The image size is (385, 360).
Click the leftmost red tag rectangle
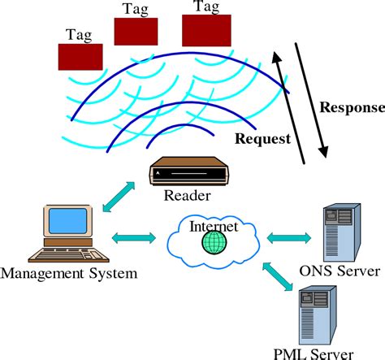pos(80,57)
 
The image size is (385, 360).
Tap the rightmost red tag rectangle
pos(206,29)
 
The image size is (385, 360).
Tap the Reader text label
pos(188,196)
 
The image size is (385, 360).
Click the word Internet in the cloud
pos(213,225)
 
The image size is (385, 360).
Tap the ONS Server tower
pos(340,234)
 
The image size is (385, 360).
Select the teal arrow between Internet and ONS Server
pos(289,238)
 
